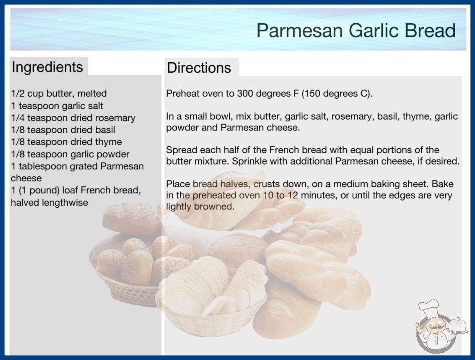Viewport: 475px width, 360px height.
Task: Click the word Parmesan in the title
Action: tap(300, 30)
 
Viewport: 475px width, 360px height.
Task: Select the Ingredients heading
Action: tap(47, 67)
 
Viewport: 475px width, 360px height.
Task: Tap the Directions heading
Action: tap(199, 68)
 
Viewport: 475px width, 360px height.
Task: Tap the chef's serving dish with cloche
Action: tap(457, 326)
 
